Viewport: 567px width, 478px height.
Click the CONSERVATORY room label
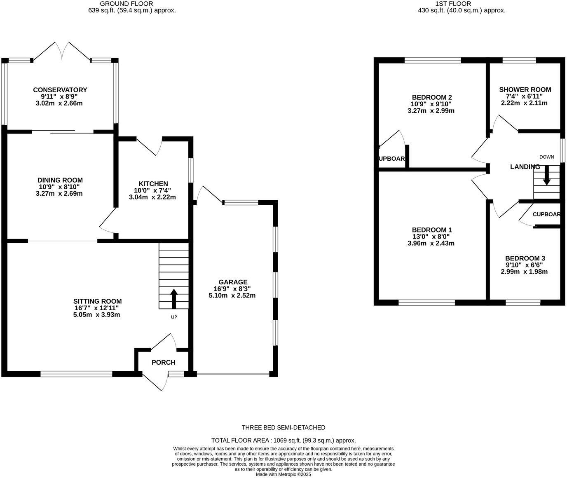coord(60,90)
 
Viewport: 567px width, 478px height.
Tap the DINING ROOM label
coord(60,180)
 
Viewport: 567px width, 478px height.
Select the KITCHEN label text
coord(153,184)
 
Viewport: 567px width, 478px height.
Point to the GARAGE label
coord(233,282)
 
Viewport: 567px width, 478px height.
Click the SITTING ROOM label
coord(98,301)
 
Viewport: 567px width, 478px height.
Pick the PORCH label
coord(164,363)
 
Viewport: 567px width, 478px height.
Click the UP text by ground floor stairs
coord(174,317)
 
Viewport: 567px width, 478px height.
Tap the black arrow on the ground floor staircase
coord(174,299)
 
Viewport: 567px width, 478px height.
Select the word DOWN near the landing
coord(547,157)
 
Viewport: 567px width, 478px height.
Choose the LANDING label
coord(525,167)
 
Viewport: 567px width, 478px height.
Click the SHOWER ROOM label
coord(525,89)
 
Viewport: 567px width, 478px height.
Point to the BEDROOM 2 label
coord(431,97)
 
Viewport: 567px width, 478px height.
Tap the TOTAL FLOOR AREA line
coord(283,441)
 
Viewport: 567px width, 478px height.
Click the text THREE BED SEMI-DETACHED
coord(283,428)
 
